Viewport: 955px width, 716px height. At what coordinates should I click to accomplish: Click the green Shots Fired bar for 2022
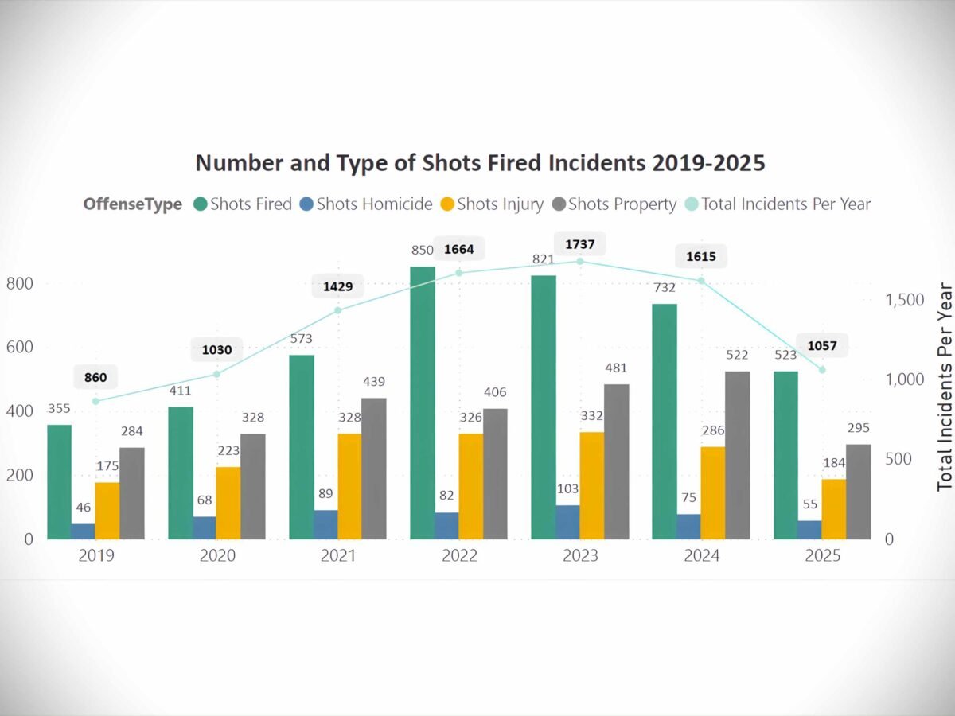[x=423, y=403]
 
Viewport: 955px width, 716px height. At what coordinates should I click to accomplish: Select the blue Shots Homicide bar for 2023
[x=567, y=522]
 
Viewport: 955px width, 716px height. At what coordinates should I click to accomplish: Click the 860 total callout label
[x=95, y=377]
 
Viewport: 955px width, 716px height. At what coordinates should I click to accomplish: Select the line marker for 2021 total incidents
[x=338, y=310]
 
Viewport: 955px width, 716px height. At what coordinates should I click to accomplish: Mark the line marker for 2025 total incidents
[x=822, y=370]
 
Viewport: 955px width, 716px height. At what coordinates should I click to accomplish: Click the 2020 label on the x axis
[x=217, y=556]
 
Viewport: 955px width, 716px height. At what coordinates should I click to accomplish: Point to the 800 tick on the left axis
[x=21, y=284]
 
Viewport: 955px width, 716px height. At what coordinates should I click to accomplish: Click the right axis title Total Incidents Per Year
[x=945, y=385]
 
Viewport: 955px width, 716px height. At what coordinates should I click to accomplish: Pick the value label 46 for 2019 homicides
[x=83, y=507]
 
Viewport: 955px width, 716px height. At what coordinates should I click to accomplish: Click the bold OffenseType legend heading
[x=132, y=204]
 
